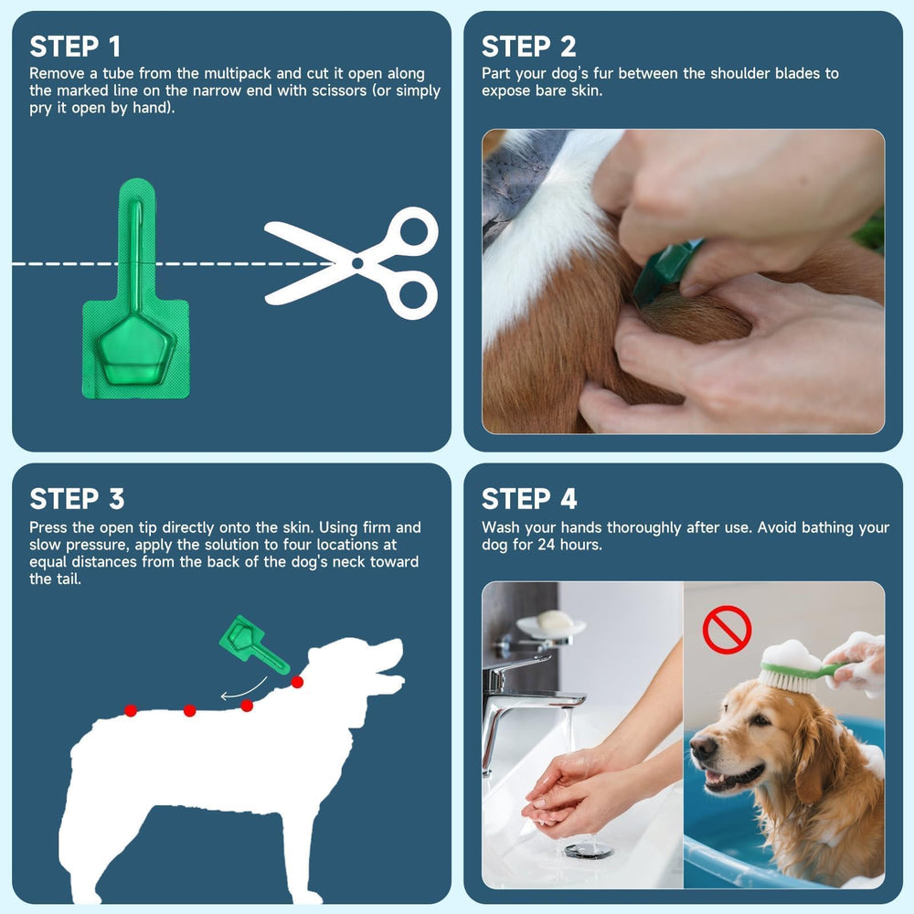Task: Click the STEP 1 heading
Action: tap(75, 47)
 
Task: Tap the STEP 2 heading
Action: tap(528, 47)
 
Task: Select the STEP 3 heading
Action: tap(77, 499)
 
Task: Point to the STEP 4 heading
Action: tap(529, 499)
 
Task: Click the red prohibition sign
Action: tap(727, 630)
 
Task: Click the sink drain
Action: tap(588, 851)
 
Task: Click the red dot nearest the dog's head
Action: tap(297, 682)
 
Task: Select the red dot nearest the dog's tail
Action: tap(131, 710)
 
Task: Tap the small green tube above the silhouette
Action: tap(251, 643)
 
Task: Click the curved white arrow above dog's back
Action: tap(243, 691)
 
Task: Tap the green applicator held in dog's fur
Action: tap(667, 271)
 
